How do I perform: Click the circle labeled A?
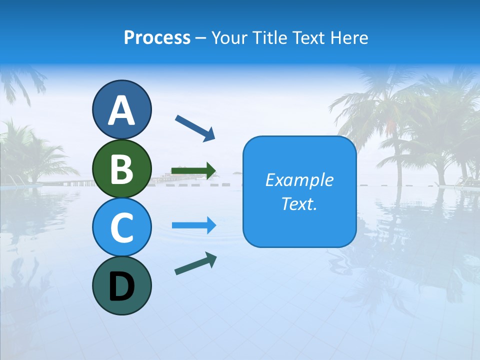pyautogui.click(x=121, y=109)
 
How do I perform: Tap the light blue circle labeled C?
pyautogui.click(x=121, y=227)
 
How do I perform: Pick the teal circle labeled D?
pyautogui.click(x=121, y=285)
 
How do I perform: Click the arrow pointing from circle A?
pyautogui.click(x=195, y=127)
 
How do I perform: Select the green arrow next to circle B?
pyautogui.click(x=193, y=171)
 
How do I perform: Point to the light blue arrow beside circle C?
pyautogui.click(x=193, y=225)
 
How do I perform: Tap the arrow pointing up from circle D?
pyautogui.click(x=195, y=264)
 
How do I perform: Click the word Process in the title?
pyautogui.click(x=157, y=38)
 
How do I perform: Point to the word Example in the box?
pyautogui.click(x=299, y=180)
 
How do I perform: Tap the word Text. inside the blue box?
pyautogui.click(x=299, y=204)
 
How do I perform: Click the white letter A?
pyautogui.click(x=121, y=110)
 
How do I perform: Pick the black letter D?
pyautogui.click(x=121, y=286)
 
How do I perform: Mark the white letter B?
pyautogui.click(x=121, y=169)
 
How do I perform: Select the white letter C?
pyautogui.click(x=121, y=228)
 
